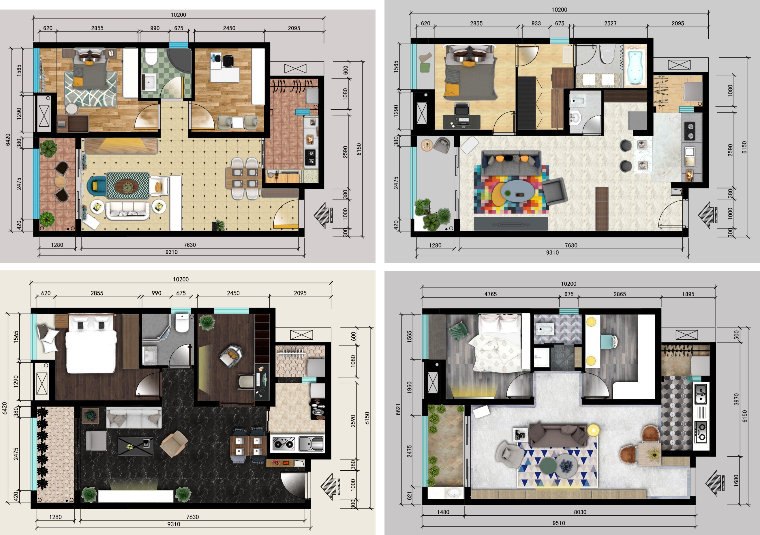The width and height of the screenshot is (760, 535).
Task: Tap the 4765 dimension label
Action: tap(490, 294)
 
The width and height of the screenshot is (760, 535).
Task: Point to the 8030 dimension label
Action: tap(580, 512)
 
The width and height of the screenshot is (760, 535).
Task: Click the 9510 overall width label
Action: tap(559, 523)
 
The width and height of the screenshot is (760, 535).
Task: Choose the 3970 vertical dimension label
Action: tap(736, 399)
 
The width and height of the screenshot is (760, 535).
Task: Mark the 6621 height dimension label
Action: tap(398, 409)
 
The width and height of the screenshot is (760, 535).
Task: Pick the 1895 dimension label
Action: tap(688, 294)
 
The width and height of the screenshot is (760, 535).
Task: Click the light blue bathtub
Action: tap(635, 67)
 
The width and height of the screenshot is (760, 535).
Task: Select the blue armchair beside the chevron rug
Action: tap(97, 186)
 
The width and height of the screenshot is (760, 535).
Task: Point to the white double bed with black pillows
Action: tap(91, 343)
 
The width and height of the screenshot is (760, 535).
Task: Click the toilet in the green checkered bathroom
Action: tap(151, 57)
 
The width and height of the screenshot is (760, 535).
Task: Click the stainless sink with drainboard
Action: tap(311, 444)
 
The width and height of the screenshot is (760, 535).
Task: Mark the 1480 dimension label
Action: tap(443, 512)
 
